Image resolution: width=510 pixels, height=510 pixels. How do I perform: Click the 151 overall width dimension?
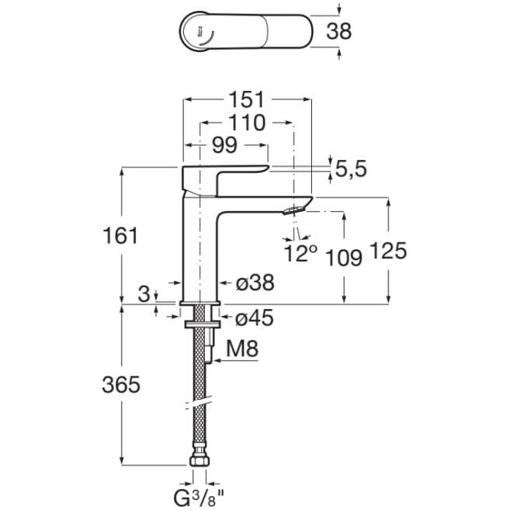tap(247, 99)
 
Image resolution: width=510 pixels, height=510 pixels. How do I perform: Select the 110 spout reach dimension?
tap(247, 123)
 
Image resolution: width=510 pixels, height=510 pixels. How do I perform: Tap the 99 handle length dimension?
tap(225, 145)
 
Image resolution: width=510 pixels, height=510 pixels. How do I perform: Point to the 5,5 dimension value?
tap(351, 169)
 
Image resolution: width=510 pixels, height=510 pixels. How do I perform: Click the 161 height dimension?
tap(120, 235)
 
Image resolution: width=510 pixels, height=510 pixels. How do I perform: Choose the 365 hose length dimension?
tap(121, 384)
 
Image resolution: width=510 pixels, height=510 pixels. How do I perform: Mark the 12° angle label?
tap(300, 253)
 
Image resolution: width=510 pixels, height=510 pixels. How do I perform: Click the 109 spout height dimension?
tap(344, 258)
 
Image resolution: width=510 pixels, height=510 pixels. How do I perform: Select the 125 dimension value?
tap(389, 251)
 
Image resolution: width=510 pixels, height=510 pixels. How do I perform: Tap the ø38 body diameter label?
tap(255, 283)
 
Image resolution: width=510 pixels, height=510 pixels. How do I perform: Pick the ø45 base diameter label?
tap(255, 317)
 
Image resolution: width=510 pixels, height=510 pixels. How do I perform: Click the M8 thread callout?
tap(242, 349)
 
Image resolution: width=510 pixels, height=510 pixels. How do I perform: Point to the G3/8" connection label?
tap(199, 498)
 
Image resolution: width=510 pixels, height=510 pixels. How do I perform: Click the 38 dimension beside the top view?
tap(338, 32)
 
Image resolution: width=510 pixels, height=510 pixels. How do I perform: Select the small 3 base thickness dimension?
tap(144, 294)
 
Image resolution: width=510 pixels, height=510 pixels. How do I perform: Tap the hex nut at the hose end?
tap(199, 462)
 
